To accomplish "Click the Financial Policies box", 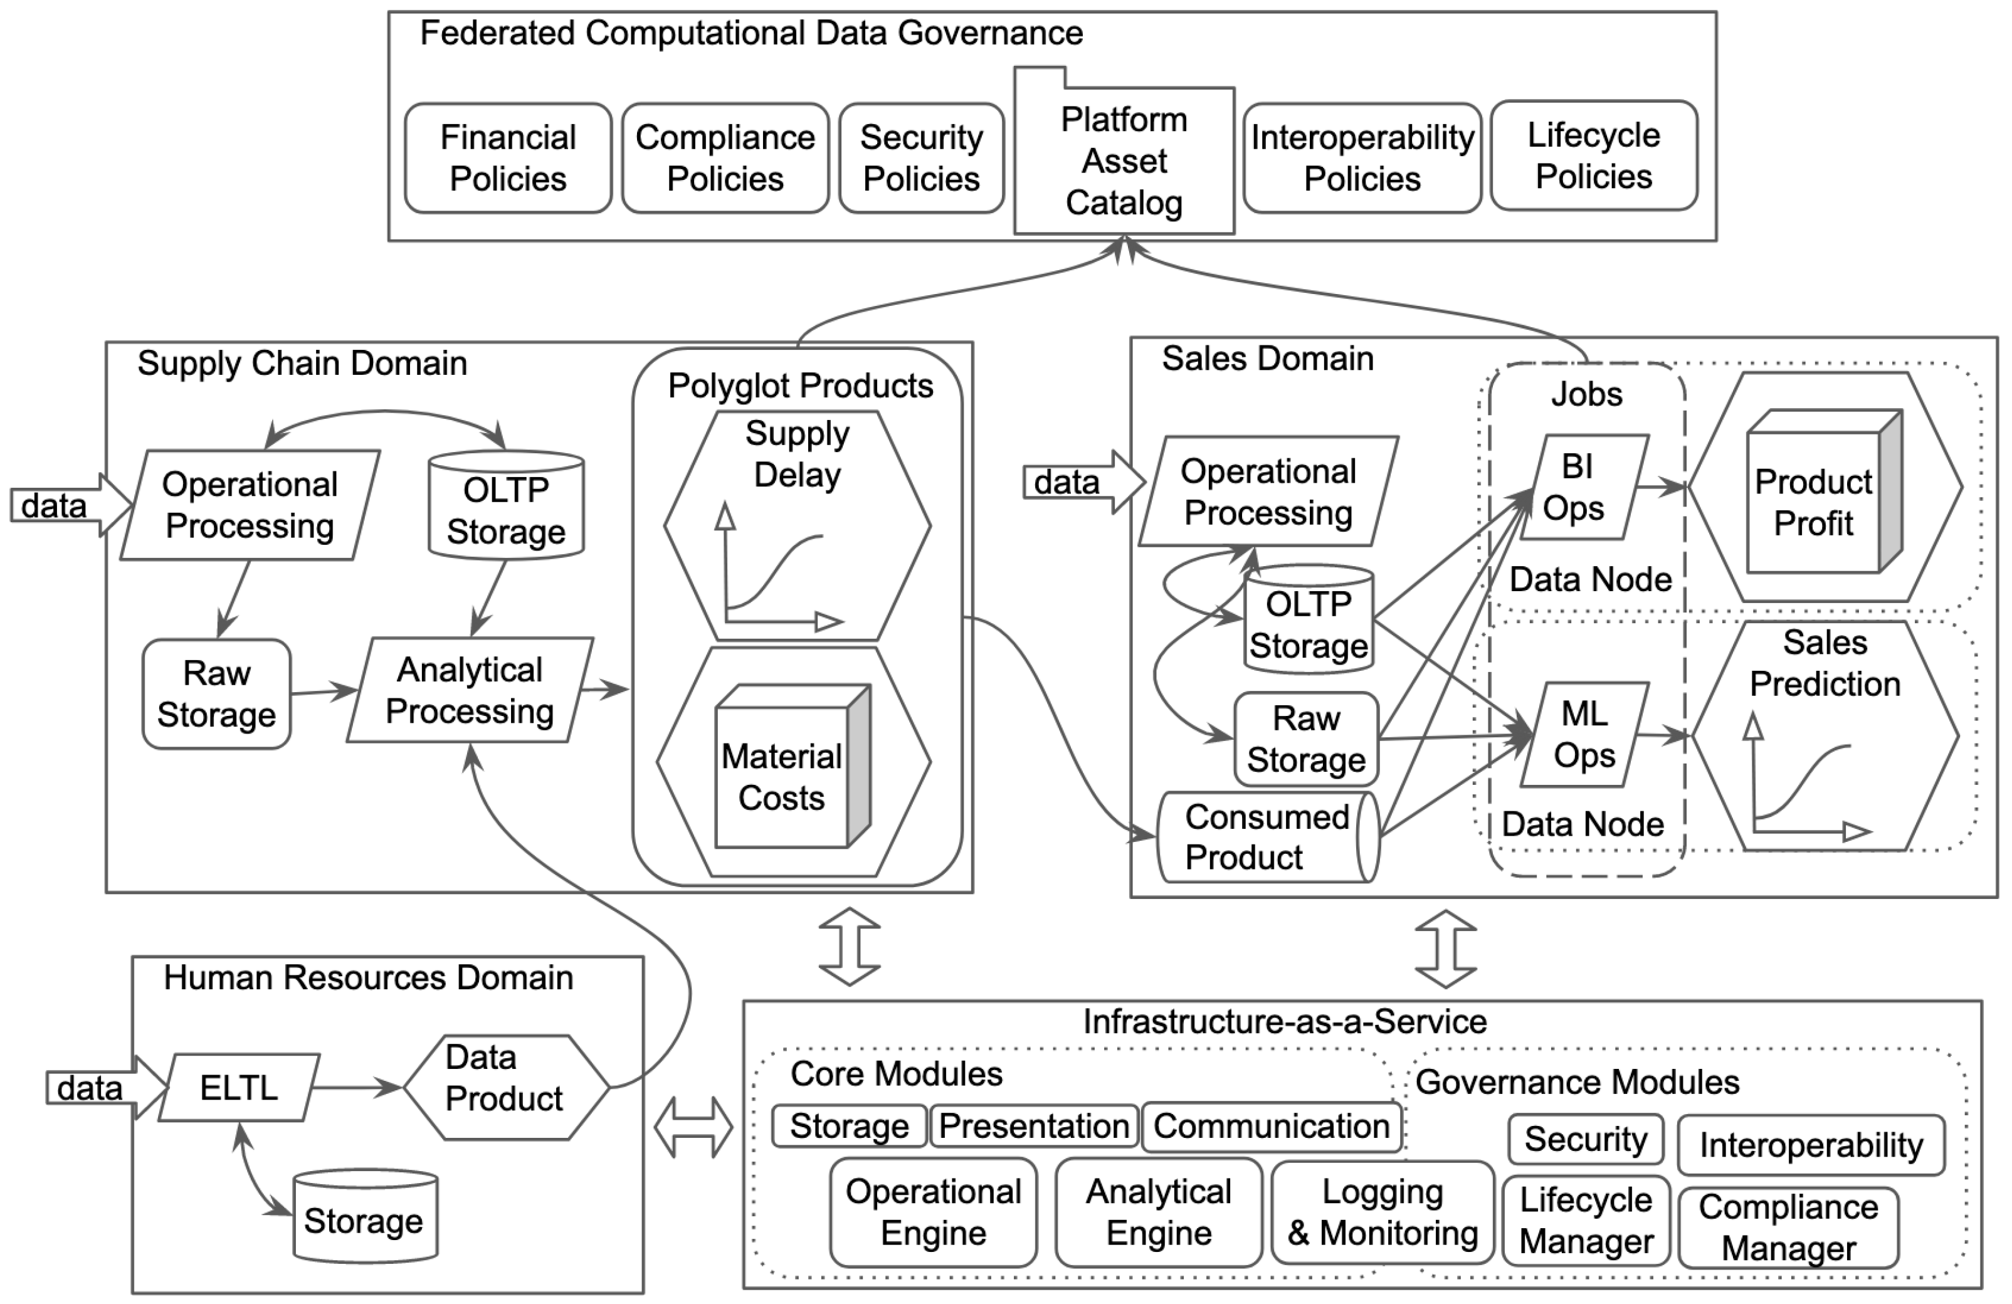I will point(507,158).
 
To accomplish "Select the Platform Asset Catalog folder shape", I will point(1124,160).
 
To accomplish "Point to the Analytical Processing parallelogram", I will point(470,690).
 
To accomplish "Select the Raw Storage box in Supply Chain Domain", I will point(216,694).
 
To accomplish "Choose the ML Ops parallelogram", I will point(1583,734).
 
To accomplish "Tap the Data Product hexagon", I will point(505,1088).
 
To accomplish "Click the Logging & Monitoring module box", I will point(1383,1212).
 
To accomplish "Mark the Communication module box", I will point(1271,1127).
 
